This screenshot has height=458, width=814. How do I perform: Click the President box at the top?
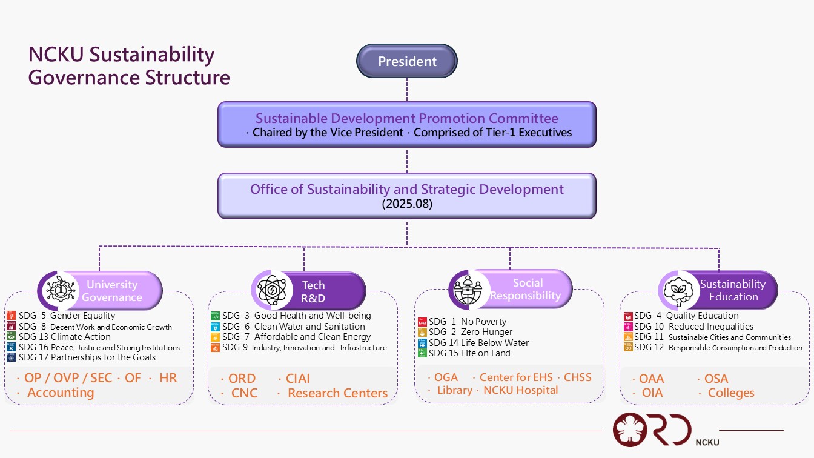pos(407,61)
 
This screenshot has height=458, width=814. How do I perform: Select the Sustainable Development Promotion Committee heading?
pos(406,118)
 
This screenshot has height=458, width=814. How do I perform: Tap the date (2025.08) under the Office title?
pos(406,204)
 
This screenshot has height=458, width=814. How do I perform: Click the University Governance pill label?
pos(112,291)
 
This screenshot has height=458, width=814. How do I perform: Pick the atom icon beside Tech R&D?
pos(271,291)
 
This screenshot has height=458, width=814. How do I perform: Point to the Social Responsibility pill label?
pos(526,289)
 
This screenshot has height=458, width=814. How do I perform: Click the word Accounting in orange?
pos(61,393)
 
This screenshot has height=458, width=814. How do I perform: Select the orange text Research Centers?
pos(337,393)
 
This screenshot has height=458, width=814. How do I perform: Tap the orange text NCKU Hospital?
pos(520,390)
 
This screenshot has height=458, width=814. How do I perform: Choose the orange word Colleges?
pos(731,393)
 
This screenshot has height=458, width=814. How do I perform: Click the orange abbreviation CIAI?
pos(297,379)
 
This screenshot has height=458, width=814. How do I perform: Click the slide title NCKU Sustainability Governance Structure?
pos(129,66)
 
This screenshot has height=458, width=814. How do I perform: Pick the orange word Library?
pos(454,390)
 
